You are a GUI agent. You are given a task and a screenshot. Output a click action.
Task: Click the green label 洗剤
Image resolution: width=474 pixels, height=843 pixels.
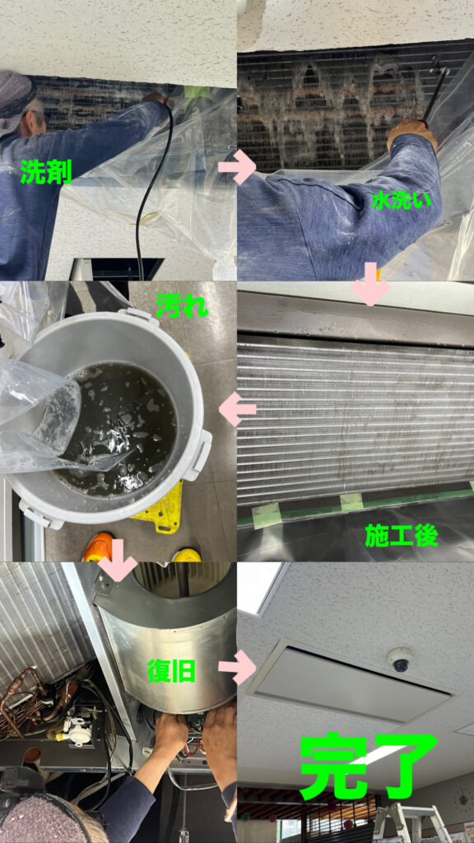pyautogui.click(x=46, y=172)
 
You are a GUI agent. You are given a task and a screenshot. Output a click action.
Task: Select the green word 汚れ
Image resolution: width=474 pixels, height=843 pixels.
pyautogui.click(x=180, y=306)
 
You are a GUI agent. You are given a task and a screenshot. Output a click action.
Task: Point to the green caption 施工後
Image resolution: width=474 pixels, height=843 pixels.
pyautogui.click(x=402, y=536)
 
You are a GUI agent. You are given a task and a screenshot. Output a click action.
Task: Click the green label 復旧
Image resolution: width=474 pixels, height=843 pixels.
pyautogui.click(x=171, y=670)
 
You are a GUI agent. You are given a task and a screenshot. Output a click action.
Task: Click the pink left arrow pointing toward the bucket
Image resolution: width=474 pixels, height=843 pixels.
pyautogui.click(x=237, y=409)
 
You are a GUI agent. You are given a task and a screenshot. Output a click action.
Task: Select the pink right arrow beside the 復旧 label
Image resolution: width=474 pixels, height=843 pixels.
pyautogui.click(x=236, y=667)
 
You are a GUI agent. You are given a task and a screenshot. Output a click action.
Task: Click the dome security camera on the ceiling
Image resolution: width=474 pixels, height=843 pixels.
pyautogui.click(x=401, y=661)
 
